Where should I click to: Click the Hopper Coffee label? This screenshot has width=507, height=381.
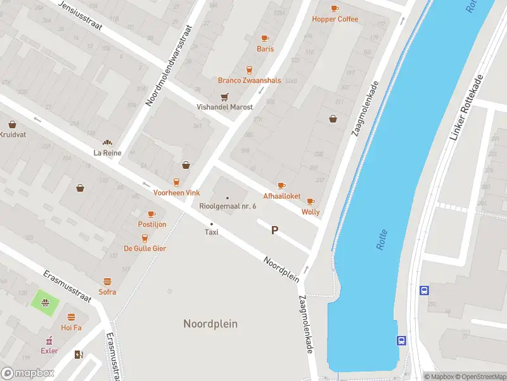tap(335, 19)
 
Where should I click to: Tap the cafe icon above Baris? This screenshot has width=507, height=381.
tap(265, 38)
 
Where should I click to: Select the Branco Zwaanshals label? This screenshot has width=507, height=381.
tap(249, 81)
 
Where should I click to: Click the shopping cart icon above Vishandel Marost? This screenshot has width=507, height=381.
tap(224, 97)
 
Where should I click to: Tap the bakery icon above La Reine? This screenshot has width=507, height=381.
tap(107, 143)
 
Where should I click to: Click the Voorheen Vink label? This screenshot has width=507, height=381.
tap(177, 192)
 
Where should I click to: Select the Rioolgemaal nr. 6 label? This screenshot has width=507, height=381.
tap(228, 206)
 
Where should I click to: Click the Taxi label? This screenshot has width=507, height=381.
tap(212, 232)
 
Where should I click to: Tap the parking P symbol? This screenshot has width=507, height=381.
tap(274, 231)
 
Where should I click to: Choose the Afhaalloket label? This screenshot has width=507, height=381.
tap(282, 196)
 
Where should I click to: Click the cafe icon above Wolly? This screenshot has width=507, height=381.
tap(311, 202)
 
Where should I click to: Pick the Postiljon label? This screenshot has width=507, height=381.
tap(152, 225)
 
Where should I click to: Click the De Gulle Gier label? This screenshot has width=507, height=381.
tap(145, 248)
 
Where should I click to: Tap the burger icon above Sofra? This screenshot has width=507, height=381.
tap(107, 281)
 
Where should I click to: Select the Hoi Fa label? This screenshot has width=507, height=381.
tap(71, 328)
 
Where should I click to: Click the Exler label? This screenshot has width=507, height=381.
tap(49, 351)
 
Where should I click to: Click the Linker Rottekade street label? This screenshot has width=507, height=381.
tap(466, 109)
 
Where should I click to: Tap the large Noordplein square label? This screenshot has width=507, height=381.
tap(210, 324)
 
